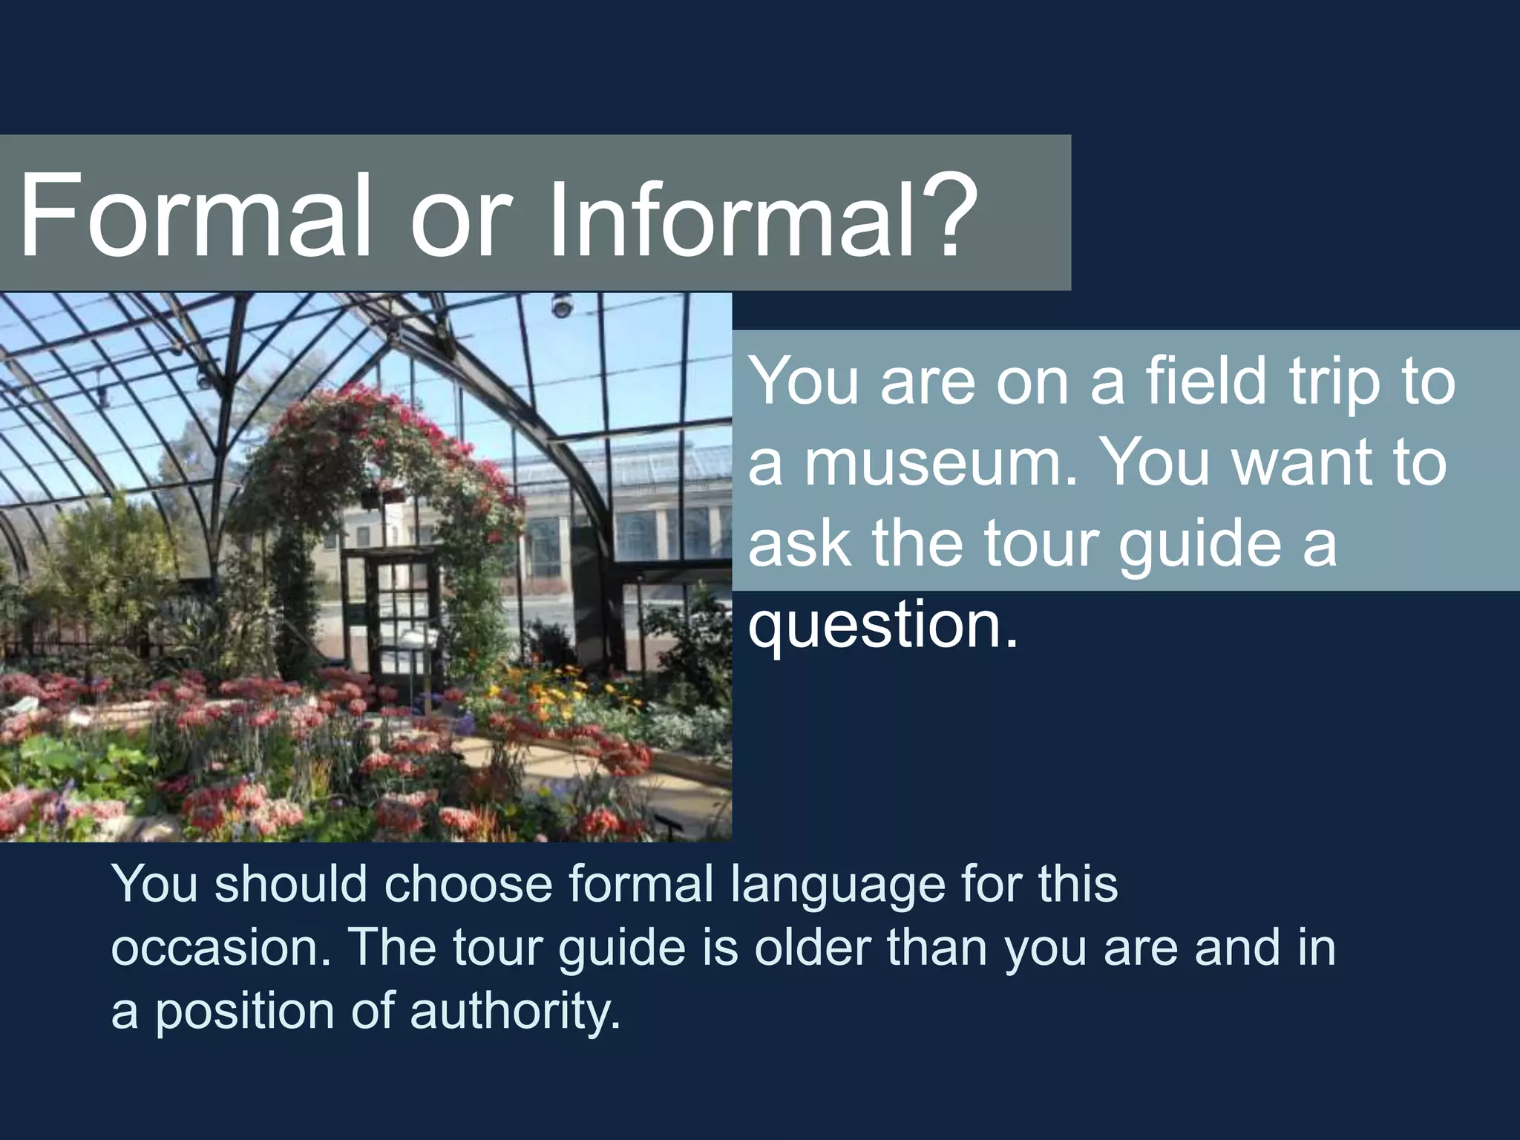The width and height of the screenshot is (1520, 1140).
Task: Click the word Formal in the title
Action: point(194,215)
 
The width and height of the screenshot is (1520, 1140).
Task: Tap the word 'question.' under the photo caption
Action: point(883,626)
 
